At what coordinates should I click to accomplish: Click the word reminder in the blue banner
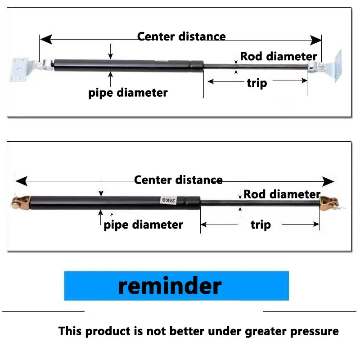pyautogui.click(x=170, y=286)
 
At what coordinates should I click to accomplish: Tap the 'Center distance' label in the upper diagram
pyautogui.click(x=181, y=36)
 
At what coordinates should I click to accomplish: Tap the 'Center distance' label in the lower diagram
pyautogui.click(x=178, y=180)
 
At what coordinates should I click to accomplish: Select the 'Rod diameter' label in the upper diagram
pyautogui.click(x=279, y=56)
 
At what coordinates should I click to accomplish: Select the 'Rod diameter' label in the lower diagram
pyautogui.click(x=282, y=194)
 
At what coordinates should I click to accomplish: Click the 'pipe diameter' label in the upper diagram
pyautogui.click(x=128, y=93)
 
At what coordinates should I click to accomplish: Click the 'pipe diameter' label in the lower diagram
pyautogui.click(x=143, y=225)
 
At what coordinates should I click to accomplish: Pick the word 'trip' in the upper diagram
pyautogui.click(x=256, y=83)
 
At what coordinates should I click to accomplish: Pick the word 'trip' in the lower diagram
pyautogui.click(x=261, y=225)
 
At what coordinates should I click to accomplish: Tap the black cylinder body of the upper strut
pyautogui.click(x=121, y=65)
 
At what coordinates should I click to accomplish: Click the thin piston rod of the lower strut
pyautogui.click(x=261, y=202)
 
